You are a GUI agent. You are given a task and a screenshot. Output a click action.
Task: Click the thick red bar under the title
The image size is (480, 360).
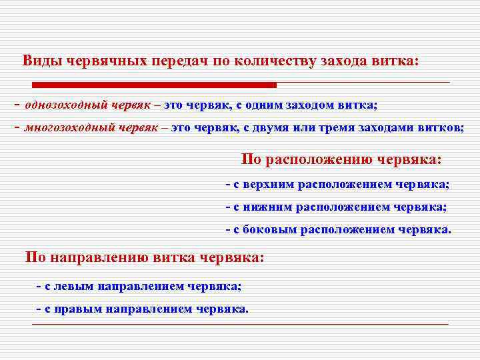point(154,85)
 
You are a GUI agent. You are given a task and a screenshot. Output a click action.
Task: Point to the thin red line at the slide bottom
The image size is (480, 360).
point(240,324)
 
